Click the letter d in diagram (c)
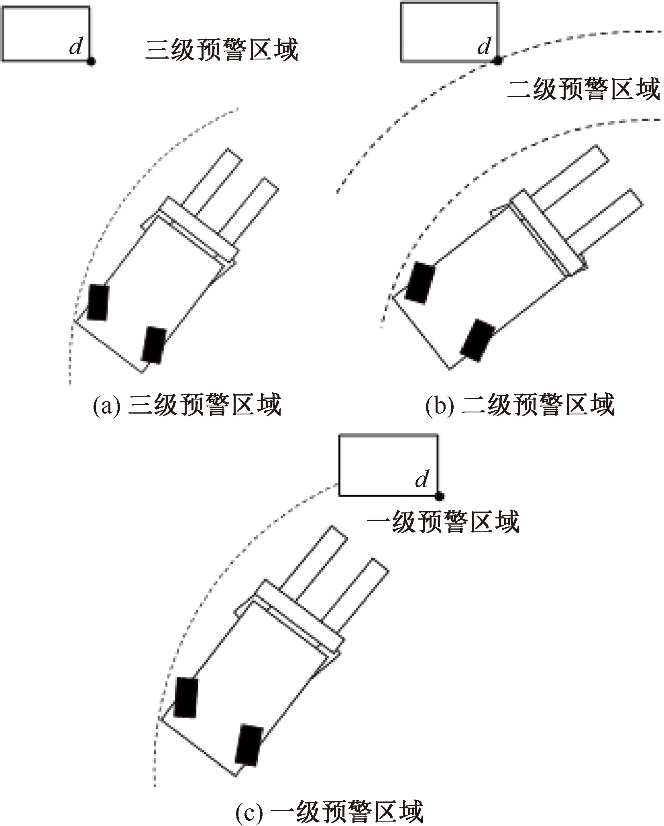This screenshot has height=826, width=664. [x=422, y=479]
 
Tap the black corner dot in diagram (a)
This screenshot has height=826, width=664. [x=91, y=61]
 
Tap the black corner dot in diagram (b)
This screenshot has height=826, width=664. [x=497, y=61]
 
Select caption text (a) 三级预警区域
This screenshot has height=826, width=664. [x=187, y=406]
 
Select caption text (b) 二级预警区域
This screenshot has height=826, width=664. [x=520, y=406]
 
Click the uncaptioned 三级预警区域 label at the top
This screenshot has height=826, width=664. [x=222, y=50]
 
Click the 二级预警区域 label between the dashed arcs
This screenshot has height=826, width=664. [x=584, y=89]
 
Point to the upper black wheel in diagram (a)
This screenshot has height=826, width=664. [x=98, y=302]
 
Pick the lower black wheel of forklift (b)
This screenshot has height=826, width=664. [x=478, y=340]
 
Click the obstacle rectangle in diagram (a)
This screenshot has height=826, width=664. [x=45, y=34]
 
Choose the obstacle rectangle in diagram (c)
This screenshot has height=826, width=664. [x=388, y=465]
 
